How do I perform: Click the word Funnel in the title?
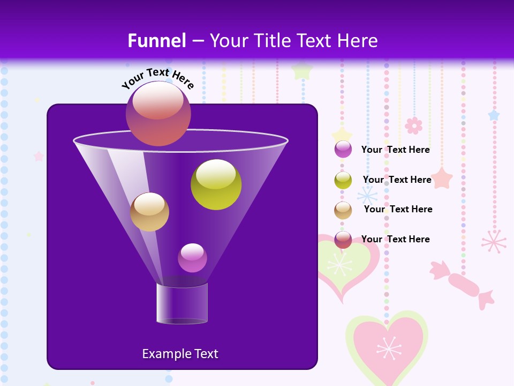[157, 41]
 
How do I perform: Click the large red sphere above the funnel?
[158, 114]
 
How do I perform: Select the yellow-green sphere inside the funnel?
[216, 184]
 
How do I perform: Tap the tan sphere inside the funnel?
[149, 212]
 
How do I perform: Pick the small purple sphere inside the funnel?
[192, 258]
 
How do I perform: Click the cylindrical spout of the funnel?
[182, 303]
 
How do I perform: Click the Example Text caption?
[180, 354]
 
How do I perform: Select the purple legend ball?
[343, 150]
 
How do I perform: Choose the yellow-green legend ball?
[343, 180]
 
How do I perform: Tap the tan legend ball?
[343, 210]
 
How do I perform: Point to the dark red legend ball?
[343, 240]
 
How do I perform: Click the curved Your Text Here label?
[158, 78]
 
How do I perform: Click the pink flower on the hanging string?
[413, 125]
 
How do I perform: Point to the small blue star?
[494, 115]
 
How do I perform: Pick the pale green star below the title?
[303, 70]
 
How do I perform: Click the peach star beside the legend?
[442, 178]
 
